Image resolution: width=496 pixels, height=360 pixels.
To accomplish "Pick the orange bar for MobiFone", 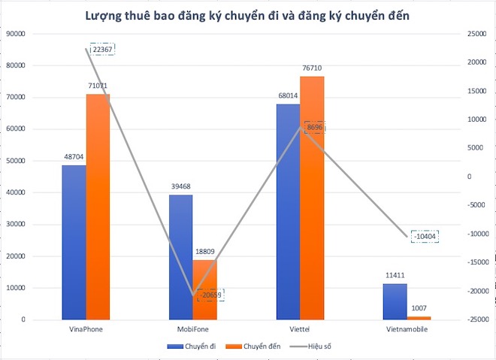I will point(204,289).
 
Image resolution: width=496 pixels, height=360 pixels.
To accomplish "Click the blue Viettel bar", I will point(288,211).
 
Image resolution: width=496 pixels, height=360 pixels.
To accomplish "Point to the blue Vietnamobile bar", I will point(395,301).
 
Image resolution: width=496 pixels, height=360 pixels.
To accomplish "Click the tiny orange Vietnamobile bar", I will point(419,318).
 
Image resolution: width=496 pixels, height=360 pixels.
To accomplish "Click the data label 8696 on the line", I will point(315,128).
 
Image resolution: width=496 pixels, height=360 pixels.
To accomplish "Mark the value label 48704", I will point(74,157).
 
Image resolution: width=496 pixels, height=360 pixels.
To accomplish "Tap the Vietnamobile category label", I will point(407,329).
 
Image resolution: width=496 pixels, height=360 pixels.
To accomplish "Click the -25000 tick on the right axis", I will point(475,320).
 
